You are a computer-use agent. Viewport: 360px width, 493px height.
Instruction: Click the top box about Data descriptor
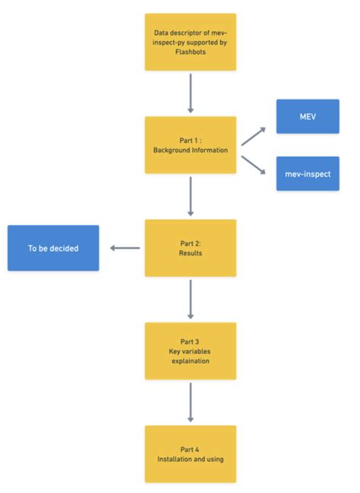tap(190, 43)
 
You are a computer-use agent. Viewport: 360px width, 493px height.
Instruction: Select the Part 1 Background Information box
tap(190, 144)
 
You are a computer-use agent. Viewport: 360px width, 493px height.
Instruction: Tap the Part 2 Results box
tap(190, 248)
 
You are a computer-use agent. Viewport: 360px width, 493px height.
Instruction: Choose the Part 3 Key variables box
tap(190, 350)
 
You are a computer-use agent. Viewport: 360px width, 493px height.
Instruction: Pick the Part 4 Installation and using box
tap(190, 453)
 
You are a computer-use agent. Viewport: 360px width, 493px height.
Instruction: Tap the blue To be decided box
tap(53, 248)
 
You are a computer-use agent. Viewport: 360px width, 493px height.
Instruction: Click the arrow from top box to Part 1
tap(190, 93)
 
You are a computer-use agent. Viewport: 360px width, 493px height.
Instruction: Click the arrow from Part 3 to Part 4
tap(190, 402)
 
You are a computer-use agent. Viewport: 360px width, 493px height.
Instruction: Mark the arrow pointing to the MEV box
tap(254, 136)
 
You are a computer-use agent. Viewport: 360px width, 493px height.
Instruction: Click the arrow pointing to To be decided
tap(125, 248)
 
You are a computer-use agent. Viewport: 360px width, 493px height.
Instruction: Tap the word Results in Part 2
tap(190, 253)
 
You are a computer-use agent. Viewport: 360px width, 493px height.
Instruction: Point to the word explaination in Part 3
tap(190, 361)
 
